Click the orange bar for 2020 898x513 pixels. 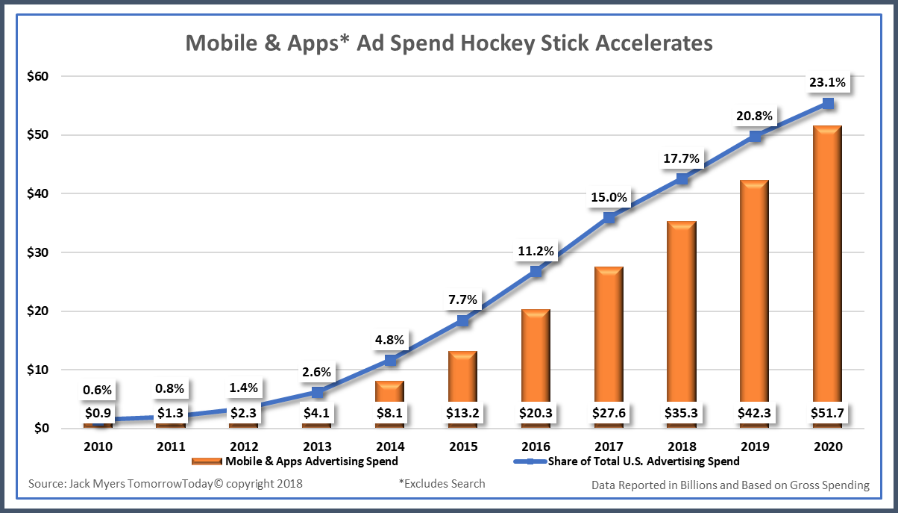click(827, 261)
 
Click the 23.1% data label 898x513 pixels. click(827, 83)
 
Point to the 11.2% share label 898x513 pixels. click(536, 251)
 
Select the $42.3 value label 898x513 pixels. click(754, 413)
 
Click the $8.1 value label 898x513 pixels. click(389, 413)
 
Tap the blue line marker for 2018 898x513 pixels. click(682, 179)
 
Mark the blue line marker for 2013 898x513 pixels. click(317, 392)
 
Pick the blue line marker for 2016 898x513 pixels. click(536, 272)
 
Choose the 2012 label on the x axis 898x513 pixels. click(244, 447)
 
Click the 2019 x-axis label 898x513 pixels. click(754, 447)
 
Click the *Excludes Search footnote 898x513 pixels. click(442, 484)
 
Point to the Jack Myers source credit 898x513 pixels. click(166, 484)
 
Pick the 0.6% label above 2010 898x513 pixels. click(97, 389)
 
